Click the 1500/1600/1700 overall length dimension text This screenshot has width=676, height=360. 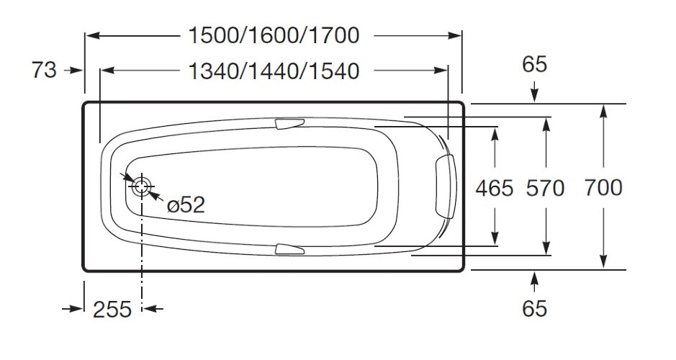tap(273, 35)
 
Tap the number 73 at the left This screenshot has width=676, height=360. tap(44, 71)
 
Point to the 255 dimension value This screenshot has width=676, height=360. tap(112, 310)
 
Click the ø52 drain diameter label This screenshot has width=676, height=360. tap(186, 205)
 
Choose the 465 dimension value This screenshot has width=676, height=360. tap(495, 189)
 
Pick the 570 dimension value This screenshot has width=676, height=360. tap(545, 189)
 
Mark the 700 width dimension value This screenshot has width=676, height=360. tap(603, 188)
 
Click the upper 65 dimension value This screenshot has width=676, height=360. tap(534, 64)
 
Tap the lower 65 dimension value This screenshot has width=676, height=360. tap(534, 309)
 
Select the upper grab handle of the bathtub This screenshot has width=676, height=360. tap(291, 125)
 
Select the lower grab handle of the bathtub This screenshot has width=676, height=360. tap(291, 250)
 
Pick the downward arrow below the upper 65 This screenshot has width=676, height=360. tap(534, 91)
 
